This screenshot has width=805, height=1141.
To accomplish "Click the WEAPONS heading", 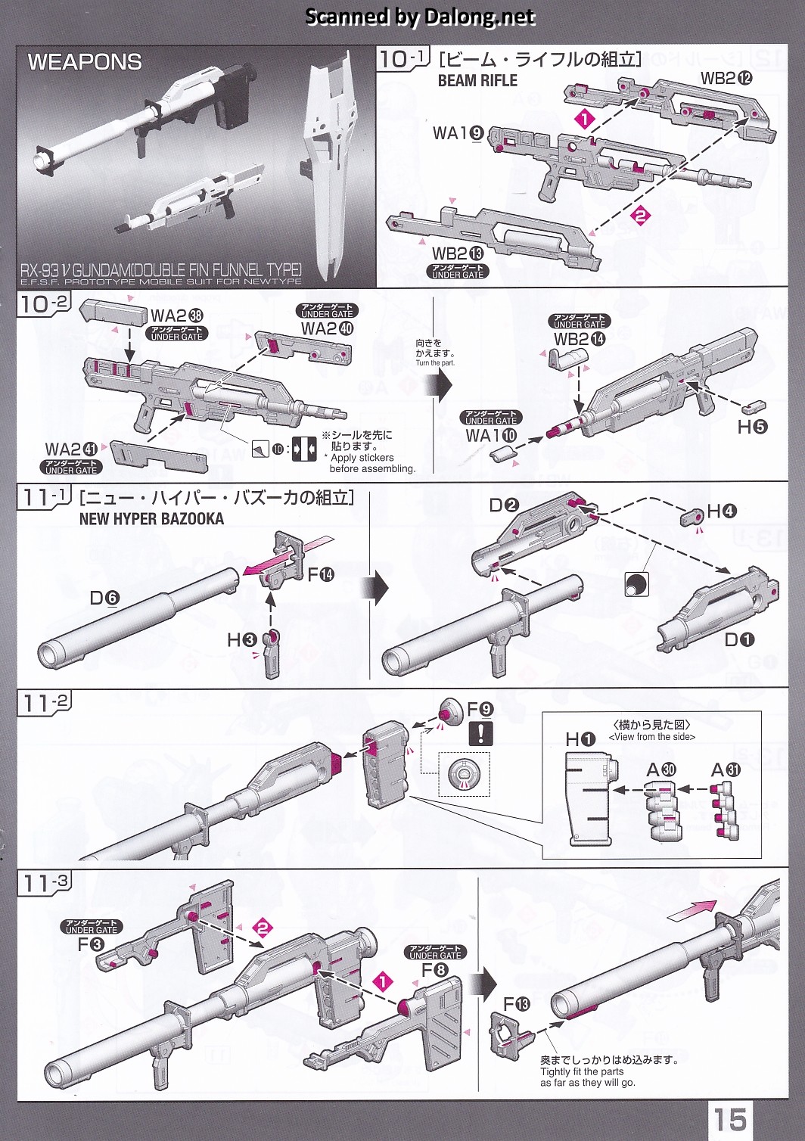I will (85, 62).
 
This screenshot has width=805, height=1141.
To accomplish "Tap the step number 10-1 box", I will (403, 59).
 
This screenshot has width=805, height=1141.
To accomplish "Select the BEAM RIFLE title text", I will (477, 80).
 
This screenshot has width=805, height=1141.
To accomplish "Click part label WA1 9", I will (458, 133).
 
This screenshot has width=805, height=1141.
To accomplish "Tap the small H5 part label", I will (752, 426).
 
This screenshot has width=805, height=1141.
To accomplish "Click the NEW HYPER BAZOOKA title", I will (151, 519).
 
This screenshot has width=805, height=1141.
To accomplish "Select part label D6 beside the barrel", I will (104, 598).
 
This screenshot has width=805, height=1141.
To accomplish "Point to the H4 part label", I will (721, 511).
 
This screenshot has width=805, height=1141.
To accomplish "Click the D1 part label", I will (739, 640).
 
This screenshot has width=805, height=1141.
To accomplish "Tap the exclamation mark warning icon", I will (481, 732).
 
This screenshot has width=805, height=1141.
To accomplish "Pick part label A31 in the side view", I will (725, 770).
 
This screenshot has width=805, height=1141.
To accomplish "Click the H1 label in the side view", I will (580, 739).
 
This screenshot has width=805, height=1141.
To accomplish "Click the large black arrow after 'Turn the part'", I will (440, 384).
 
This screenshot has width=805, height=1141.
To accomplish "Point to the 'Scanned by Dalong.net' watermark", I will (420, 17).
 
